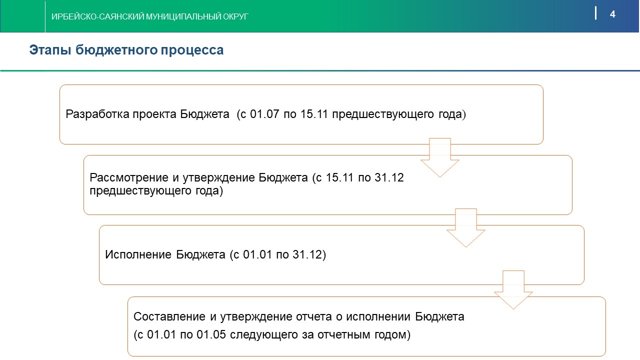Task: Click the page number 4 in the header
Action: tap(612, 14)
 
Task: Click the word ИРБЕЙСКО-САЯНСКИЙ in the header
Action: tap(97, 16)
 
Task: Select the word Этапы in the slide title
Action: tap(50, 50)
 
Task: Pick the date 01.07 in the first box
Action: tap(264, 114)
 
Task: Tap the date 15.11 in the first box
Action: tap(314, 114)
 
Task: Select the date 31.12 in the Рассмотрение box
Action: tap(389, 177)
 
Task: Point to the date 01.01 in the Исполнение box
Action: tap(257, 254)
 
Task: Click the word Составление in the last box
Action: tap(169, 316)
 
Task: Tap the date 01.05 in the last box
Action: tap(211, 334)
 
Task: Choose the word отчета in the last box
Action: tap(313, 316)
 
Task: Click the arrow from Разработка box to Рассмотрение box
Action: tap(440, 157)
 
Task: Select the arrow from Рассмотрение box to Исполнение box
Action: tap(466, 228)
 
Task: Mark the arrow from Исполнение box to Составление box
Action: tap(513, 290)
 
